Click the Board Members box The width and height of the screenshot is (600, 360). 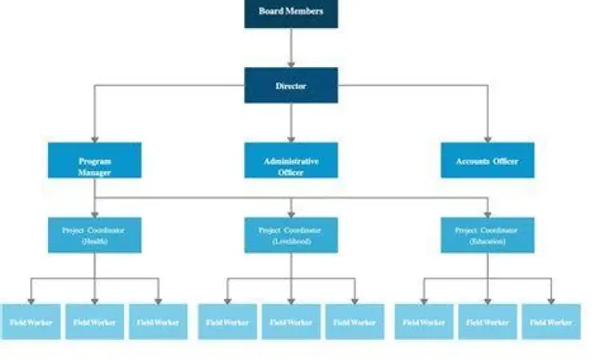click(290, 11)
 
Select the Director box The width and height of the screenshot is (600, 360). click(290, 85)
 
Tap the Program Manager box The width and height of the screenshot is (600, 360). click(94, 161)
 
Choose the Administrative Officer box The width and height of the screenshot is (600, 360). click(290, 161)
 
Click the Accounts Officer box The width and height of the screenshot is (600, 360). click(487, 161)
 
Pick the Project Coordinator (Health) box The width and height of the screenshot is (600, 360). click(94, 235)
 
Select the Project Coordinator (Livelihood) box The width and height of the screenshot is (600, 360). click(290, 235)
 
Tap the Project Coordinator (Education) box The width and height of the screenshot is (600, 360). click(487, 235)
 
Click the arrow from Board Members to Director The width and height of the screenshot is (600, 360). click(290, 46)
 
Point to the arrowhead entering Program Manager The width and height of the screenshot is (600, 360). click(94, 138)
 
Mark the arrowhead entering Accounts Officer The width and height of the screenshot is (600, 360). click(487, 138)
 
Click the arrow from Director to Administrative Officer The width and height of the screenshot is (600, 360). click(290, 122)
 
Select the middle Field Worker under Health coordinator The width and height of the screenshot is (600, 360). click(94, 322)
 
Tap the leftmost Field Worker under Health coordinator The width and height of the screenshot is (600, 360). click(30, 322)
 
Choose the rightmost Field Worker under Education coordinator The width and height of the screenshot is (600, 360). click(551, 322)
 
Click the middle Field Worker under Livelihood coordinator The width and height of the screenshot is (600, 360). click(290, 322)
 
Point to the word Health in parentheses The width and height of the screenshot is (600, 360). click(94, 241)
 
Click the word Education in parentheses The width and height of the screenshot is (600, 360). click(487, 241)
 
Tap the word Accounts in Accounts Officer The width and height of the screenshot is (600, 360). click(472, 161)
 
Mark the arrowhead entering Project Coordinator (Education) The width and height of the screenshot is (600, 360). click(487, 214)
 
